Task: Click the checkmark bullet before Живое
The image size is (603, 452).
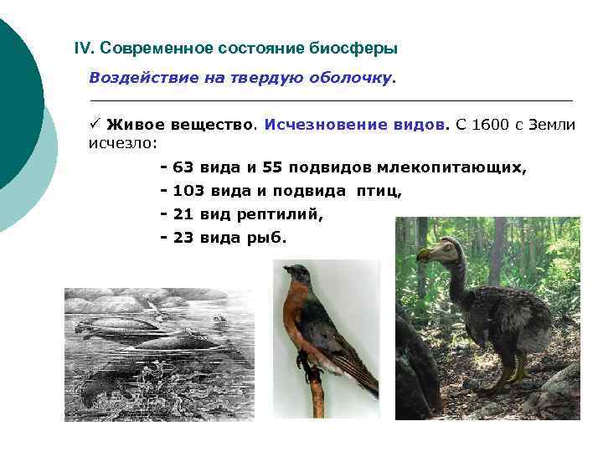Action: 95,125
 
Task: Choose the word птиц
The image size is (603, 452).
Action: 379,191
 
